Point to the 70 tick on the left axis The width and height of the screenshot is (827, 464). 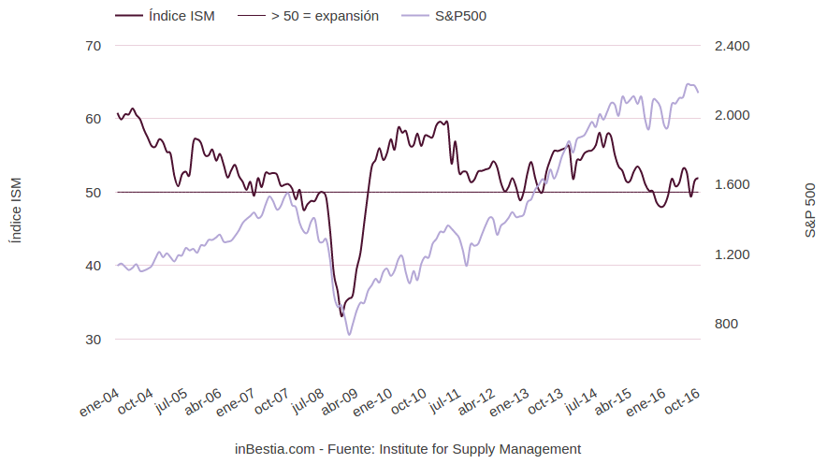coord(93,46)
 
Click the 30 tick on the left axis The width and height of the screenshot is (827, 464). coord(93,339)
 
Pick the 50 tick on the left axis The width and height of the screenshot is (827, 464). coord(93,192)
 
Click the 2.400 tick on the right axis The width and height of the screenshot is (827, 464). coord(732,46)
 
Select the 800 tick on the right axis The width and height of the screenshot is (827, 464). coord(726,324)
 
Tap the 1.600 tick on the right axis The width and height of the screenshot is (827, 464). coord(732,184)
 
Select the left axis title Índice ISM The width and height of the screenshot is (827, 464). coord(14,210)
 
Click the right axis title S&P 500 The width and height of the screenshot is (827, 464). coord(810,210)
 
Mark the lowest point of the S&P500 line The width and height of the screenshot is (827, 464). coord(349,334)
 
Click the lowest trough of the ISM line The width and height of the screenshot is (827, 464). coord(341,316)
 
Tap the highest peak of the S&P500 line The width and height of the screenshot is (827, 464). coord(689,84)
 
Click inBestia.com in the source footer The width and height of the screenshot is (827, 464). coord(274,449)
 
